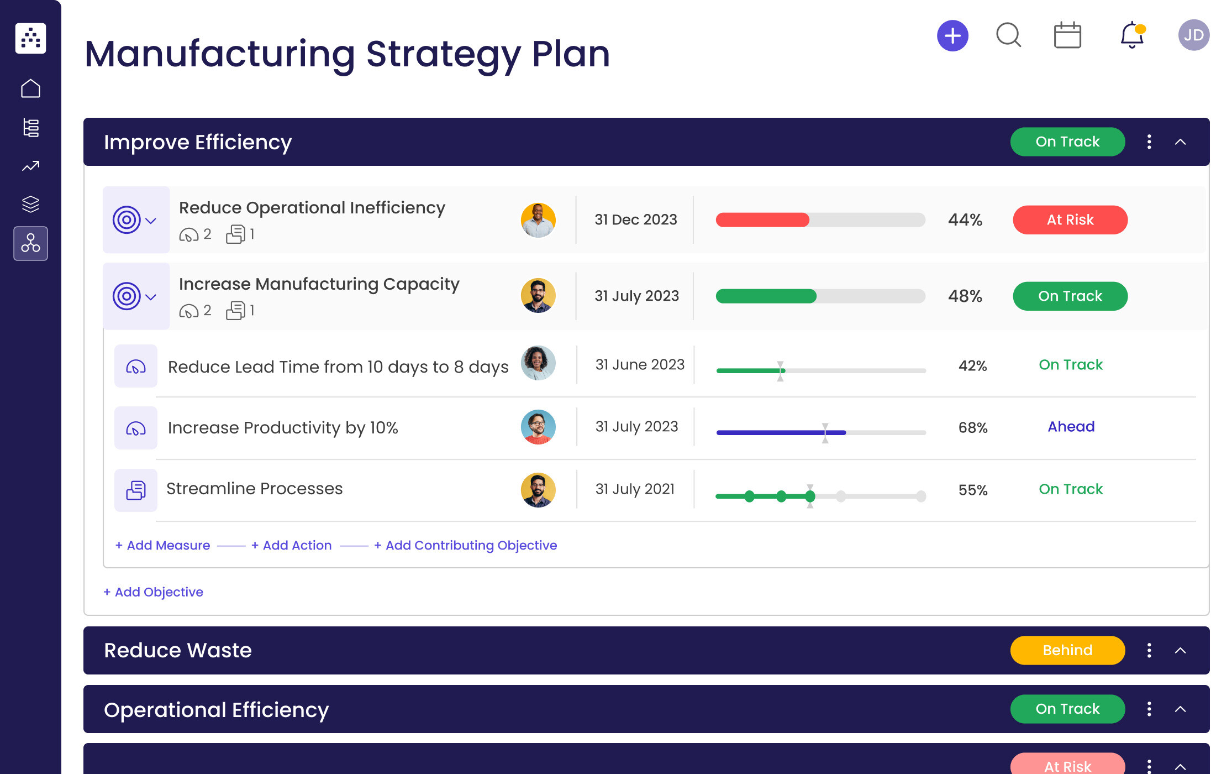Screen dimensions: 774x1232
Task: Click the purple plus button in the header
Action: click(x=952, y=36)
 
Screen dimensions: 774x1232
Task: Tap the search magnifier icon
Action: click(x=1008, y=35)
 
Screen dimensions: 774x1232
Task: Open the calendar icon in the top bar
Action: click(x=1067, y=36)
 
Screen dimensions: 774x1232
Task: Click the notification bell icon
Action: click(x=1131, y=35)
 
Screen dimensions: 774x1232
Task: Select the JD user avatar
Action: click(x=1193, y=35)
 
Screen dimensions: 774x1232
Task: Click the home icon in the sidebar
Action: click(x=31, y=88)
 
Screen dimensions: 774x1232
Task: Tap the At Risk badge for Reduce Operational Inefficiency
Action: click(x=1070, y=220)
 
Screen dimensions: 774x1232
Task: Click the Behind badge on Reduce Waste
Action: click(x=1067, y=650)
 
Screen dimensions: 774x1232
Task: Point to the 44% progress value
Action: click(x=965, y=220)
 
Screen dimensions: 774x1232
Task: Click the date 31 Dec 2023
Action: click(x=635, y=220)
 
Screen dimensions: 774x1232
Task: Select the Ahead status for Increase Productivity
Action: click(x=1071, y=427)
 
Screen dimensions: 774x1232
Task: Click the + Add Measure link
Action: click(x=163, y=545)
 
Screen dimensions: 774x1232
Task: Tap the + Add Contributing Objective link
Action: click(x=465, y=545)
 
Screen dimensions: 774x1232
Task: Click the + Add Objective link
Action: click(x=154, y=592)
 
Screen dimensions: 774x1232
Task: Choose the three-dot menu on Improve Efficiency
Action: click(x=1149, y=142)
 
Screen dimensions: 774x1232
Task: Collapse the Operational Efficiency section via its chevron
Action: click(x=1180, y=709)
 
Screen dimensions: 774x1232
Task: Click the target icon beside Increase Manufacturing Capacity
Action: click(x=127, y=296)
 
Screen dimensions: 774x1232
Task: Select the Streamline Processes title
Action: click(x=254, y=489)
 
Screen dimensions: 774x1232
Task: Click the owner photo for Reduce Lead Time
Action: click(x=538, y=363)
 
